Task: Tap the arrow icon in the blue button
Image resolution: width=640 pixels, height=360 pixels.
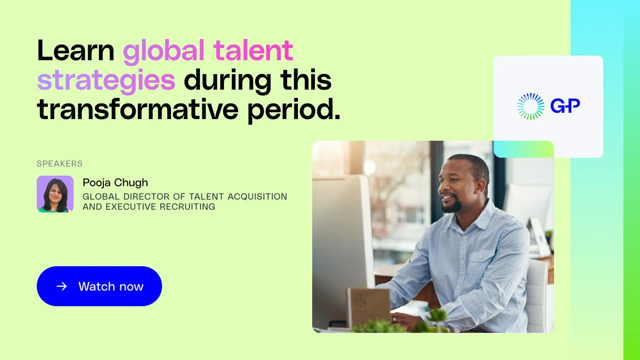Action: [x=62, y=286]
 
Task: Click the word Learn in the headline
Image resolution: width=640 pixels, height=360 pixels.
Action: [x=75, y=51]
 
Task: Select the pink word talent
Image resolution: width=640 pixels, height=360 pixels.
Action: [x=253, y=51]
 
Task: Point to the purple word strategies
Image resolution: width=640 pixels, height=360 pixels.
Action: [x=106, y=81]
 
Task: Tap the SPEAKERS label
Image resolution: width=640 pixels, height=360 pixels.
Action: [x=60, y=164]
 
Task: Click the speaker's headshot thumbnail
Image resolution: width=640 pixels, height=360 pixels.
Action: [x=55, y=194]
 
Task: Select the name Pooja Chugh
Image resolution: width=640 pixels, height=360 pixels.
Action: [x=115, y=183]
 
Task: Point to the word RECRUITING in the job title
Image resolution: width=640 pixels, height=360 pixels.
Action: [x=188, y=207]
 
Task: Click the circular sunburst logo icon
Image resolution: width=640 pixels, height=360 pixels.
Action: [x=530, y=106]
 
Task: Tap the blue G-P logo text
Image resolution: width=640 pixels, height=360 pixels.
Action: [x=565, y=106]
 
